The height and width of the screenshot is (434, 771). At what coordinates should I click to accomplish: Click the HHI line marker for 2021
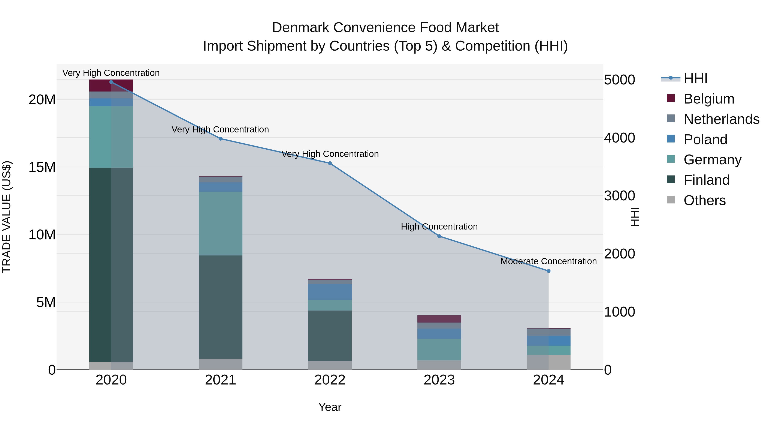click(x=220, y=139)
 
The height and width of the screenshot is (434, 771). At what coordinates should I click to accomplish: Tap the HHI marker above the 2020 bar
click(x=111, y=82)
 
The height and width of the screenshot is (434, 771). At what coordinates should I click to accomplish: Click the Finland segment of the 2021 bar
click(x=220, y=307)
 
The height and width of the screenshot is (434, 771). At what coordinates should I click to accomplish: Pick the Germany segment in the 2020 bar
click(x=111, y=137)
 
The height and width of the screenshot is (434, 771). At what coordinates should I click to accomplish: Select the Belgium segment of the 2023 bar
click(x=439, y=319)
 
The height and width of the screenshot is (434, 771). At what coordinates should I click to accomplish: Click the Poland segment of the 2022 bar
click(x=330, y=292)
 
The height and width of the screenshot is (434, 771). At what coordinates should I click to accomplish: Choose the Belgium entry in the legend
click(x=709, y=99)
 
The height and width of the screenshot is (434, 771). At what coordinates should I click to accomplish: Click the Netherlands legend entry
click(x=721, y=119)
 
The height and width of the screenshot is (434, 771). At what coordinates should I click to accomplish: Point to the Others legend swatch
click(x=671, y=200)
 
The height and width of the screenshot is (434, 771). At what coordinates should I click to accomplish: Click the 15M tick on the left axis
click(x=42, y=167)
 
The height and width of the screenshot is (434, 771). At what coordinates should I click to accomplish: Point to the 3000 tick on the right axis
click(x=619, y=196)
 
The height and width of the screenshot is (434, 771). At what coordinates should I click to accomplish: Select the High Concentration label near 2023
click(x=439, y=227)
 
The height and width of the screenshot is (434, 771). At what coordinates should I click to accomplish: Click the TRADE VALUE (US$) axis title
click(x=7, y=217)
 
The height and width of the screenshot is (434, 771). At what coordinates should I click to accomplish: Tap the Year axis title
click(x=330, y=407)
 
